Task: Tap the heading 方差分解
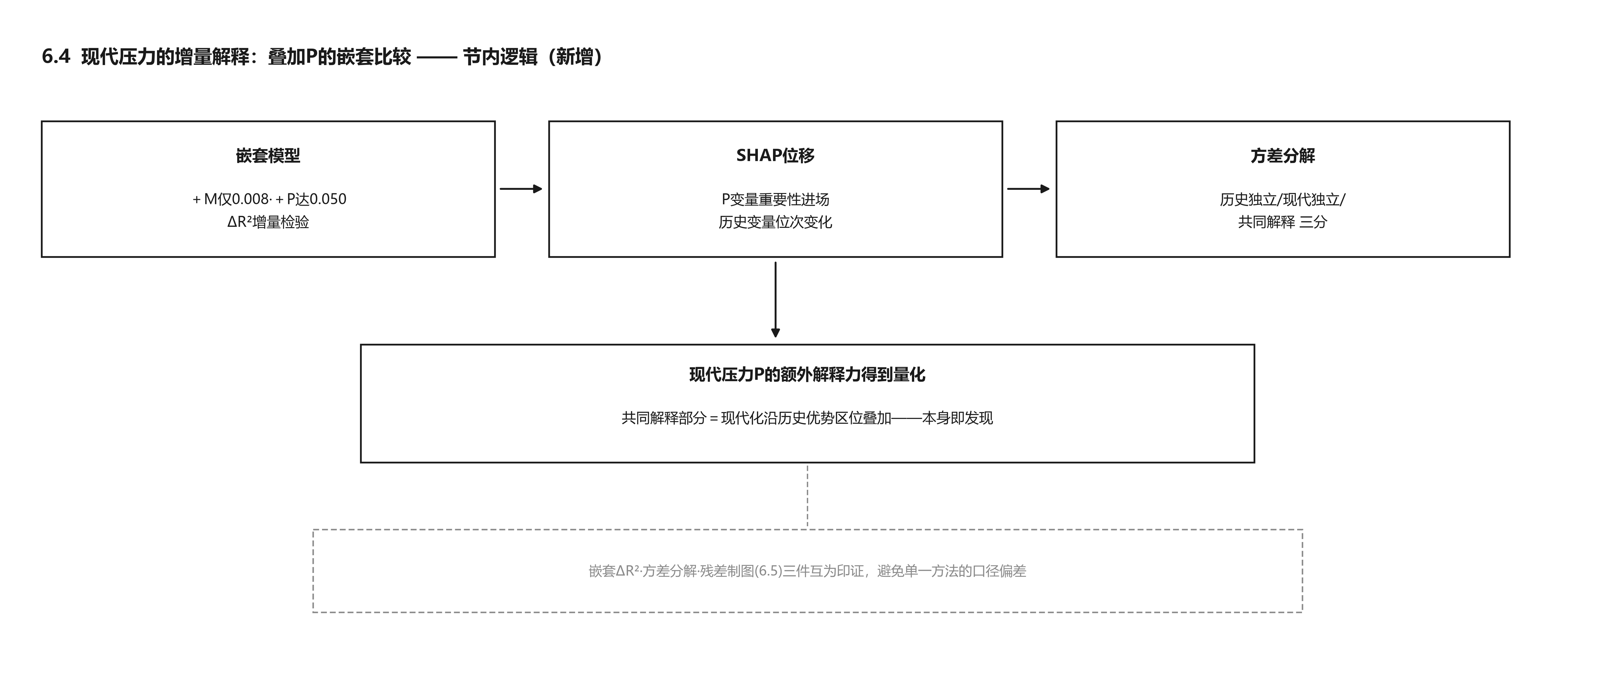(x=1283, y=155)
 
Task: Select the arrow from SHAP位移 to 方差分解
(x=1028, y=189)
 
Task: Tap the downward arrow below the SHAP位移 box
(x=776, y=300)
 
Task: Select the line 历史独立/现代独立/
(x=1283, y=199)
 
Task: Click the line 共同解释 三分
(x=1283, y=222)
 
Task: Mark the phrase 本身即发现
(x=957, y=418)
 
